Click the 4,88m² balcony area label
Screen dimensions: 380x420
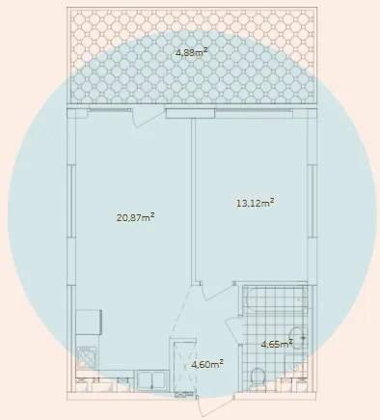pos(191,52)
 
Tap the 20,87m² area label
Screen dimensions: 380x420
pos(135,217)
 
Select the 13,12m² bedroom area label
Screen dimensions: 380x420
pos(256,203)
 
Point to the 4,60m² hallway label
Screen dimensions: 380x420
pos(207,364)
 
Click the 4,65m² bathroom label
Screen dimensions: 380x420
pos(277,344)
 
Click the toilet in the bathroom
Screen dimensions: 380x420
pos(258,378)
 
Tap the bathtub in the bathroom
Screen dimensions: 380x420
pos(275,300)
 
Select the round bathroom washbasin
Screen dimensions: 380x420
pos(297,337)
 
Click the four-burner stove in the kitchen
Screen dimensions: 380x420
pos(87,357)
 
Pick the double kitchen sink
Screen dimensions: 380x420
pos(152,380)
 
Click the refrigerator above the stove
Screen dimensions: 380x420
pos(89,322)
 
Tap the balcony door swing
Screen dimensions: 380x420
pos(149,118)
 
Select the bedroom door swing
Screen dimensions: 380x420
pos(218,291)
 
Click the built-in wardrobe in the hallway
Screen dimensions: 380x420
pos(185,366)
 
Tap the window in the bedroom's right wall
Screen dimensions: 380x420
pos(311,201)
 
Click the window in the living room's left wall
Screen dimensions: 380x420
pos(71,201)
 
